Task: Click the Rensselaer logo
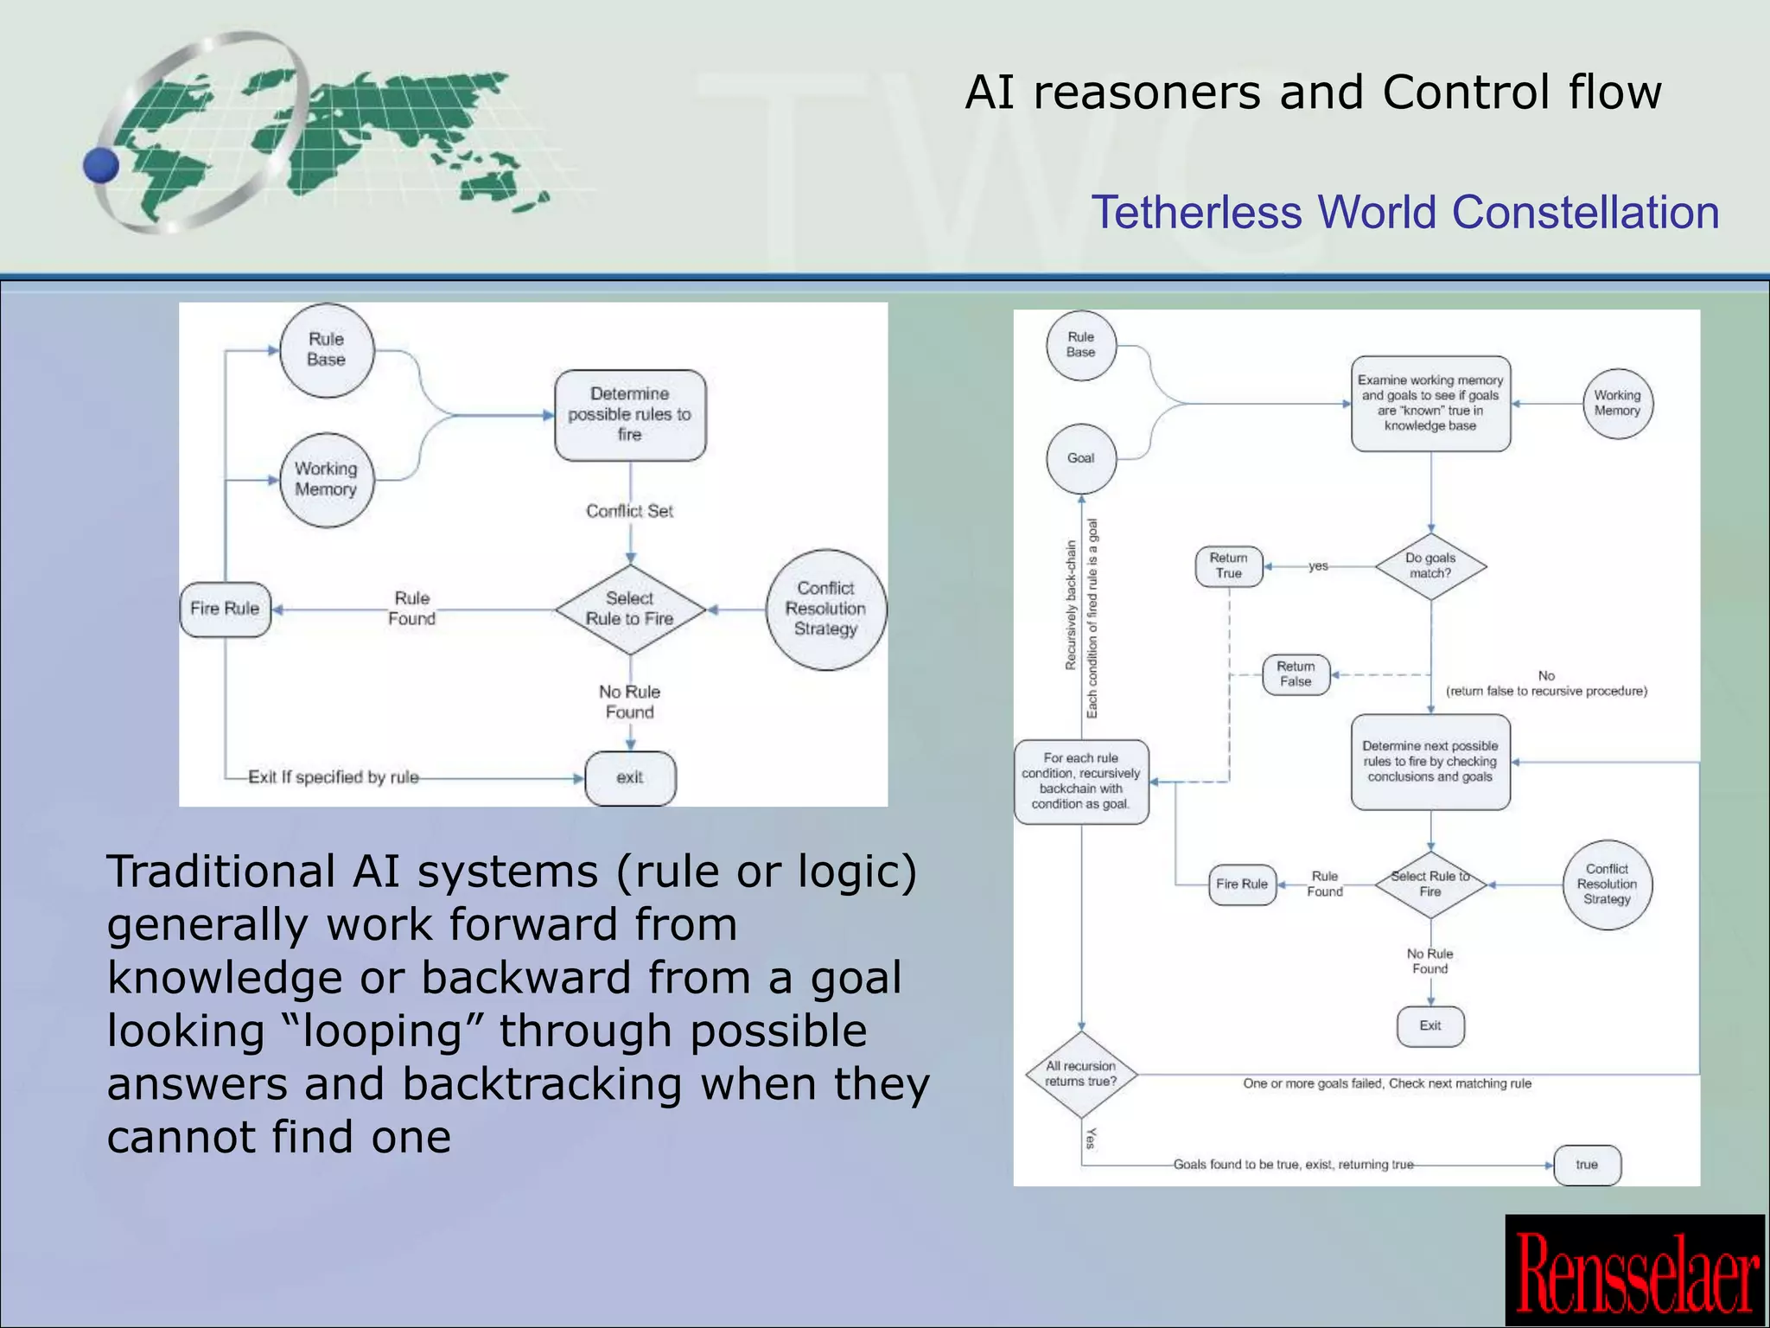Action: pos(1635,1271)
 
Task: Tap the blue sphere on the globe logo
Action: pos(101,164)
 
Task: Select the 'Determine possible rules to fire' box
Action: pos(630,415)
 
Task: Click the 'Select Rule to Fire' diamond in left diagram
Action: pos(630,610)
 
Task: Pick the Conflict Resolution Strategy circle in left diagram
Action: pos(825,610)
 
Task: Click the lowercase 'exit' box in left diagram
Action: pos(630,778)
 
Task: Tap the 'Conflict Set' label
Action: pos(629,511)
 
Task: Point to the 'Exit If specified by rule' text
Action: pos(333,777)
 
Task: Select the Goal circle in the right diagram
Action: pos(1080,458)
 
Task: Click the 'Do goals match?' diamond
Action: pos(1430,566)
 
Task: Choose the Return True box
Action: pos(1228,566)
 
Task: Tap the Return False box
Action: pos(1296,674)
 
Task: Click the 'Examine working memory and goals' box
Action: pos(1430,404)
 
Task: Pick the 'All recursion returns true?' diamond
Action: pos(1080,1075)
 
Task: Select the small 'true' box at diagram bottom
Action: pos(1587,1165)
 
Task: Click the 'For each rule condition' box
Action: pos(1080,782)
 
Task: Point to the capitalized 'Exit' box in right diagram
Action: pos(1430,1026)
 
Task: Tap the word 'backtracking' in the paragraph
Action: pos(542,1084)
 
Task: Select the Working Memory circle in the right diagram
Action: pos(1617,404)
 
